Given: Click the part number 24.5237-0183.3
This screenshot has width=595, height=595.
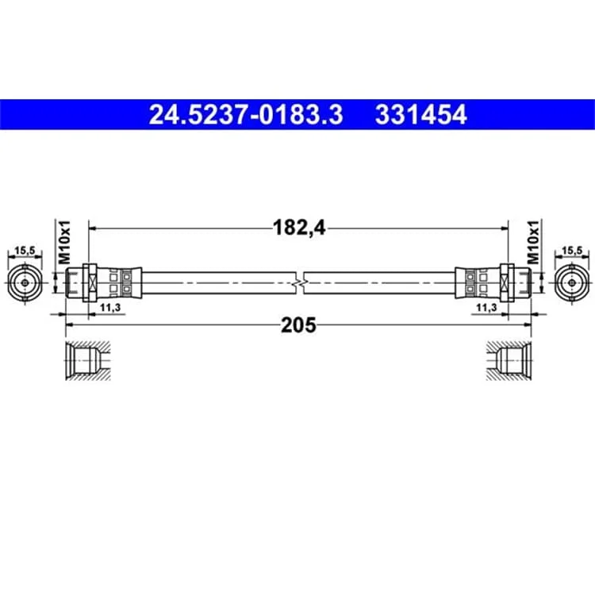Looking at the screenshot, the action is pyautogui.click(x=246, y=114).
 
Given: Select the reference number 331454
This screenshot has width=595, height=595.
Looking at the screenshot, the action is pyautogui.click(x=420, y=114).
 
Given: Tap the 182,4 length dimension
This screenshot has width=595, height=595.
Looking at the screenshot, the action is pyautogui.click(x=299, y=228).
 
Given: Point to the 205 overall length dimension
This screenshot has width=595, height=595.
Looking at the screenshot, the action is pyautogui.click(x=298, y=325).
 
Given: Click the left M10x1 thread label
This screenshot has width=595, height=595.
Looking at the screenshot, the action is pyautogui.click(x=64, y=242).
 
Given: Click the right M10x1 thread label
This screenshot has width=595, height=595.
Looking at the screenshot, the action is pyautogui.click(x=533, y=242).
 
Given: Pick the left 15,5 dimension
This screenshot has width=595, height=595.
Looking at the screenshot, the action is pyautogui.click(x=25, y=251).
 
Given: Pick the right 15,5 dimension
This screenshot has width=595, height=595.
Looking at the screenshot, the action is pyautogui.click(x=572, y=251).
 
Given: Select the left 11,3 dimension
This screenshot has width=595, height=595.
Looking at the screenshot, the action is pyautogui.click(x=110, y=307).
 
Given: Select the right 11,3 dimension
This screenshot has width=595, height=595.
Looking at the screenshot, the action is pyautogui.click(x=486, y=307).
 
